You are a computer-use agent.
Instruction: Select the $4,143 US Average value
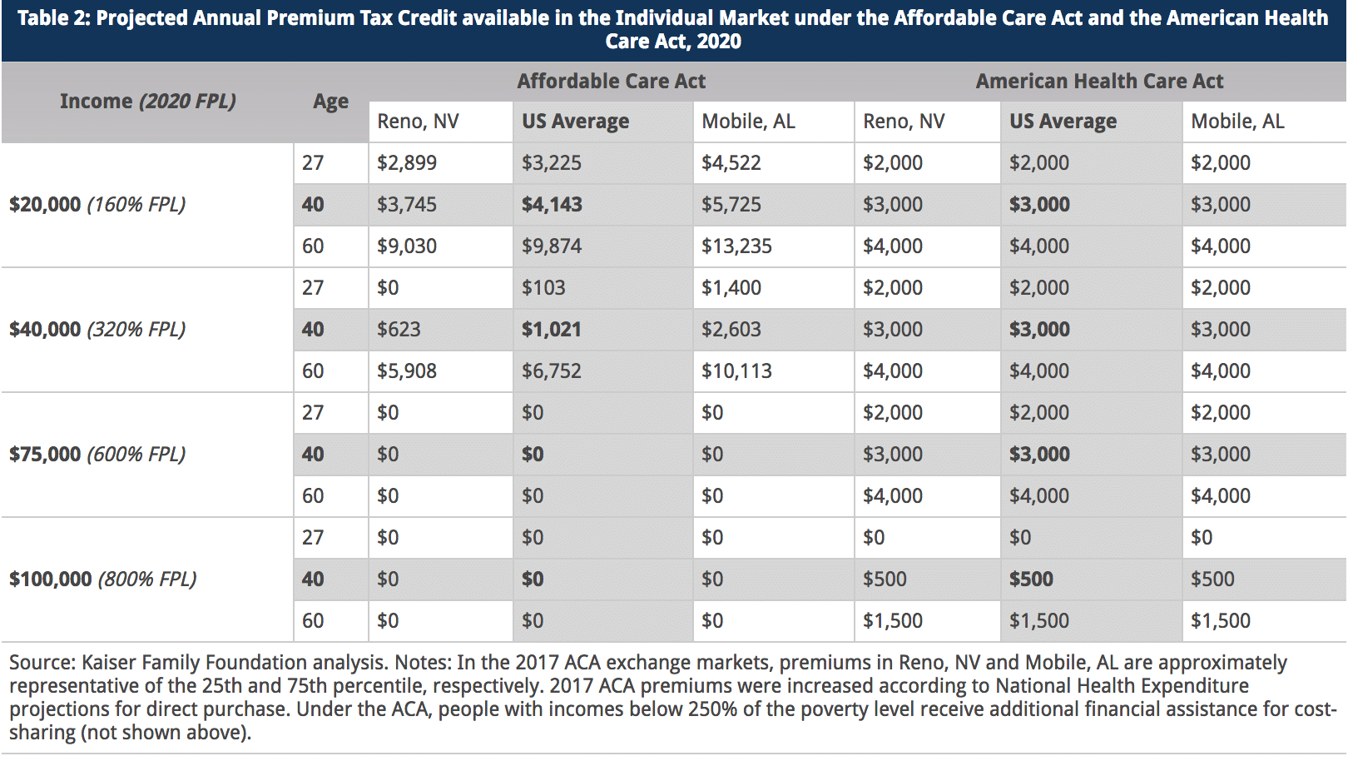[552, 205]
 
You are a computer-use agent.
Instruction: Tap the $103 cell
[543, 288]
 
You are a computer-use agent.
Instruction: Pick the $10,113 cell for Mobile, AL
[736, 371]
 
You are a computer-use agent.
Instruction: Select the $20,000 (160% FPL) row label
[97, 205]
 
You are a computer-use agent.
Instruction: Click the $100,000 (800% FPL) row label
[103, 579]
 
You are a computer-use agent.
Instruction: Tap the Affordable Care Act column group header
[611, 82]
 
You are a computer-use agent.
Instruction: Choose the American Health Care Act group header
[1099, 82]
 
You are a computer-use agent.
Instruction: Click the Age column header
[330, 102]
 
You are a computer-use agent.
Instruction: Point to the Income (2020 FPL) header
[147, 102]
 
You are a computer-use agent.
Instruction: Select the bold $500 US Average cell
[1031, 579]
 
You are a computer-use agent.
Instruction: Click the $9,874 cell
[552, 246]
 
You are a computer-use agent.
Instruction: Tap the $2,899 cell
[407, 163]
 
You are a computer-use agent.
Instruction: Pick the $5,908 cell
[407, 371]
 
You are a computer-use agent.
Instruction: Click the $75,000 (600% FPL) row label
[97, 455]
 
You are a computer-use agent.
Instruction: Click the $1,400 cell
[731, 288]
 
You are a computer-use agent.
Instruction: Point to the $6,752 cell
[552, 371]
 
